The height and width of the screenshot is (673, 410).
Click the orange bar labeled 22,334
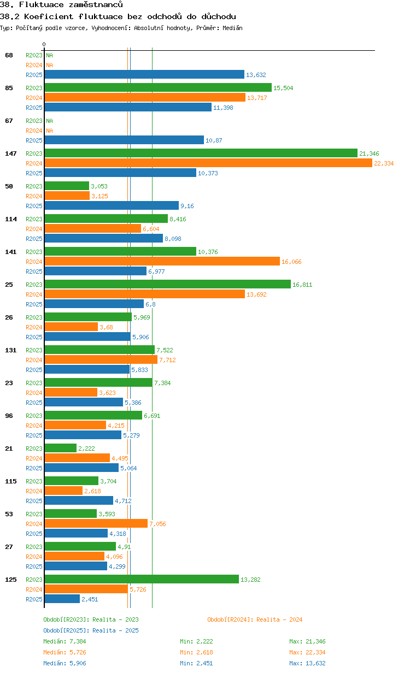pos(208,163)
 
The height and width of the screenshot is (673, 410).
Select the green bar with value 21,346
pos(201,154)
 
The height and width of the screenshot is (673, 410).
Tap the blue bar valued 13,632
pos(144,75)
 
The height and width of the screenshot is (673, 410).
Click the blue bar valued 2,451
pos(62,599)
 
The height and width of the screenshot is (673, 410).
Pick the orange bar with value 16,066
pos(162,262)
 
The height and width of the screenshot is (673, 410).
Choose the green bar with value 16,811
pos(167,285)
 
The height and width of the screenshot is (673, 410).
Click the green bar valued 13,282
pos(142,580)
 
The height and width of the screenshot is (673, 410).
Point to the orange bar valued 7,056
pos(96,524)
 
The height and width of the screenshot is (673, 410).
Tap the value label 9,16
pos(187,206)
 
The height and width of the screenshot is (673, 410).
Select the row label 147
pos(10,154)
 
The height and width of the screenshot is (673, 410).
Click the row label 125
pos(10,580)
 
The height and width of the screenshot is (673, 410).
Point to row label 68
pos(9,55)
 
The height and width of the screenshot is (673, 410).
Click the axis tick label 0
pos(44,44)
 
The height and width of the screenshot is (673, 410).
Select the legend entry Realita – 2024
pos(255,619)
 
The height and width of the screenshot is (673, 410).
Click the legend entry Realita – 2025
pos(91,630)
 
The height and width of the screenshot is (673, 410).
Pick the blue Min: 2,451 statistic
pos(196,663)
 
